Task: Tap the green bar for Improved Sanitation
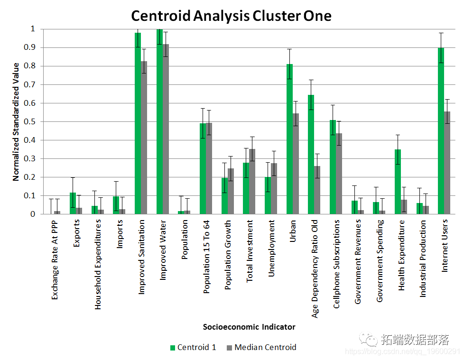(x=138, y=123)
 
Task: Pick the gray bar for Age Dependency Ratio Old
(x=317, y=190)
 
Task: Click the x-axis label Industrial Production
(x=423, y=258)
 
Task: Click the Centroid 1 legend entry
(x=193, y=347)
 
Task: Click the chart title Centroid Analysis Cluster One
(x=231, y=16)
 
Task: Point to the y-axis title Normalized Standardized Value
(x=16, y=121)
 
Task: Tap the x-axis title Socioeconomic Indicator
(x=249, y=327)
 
